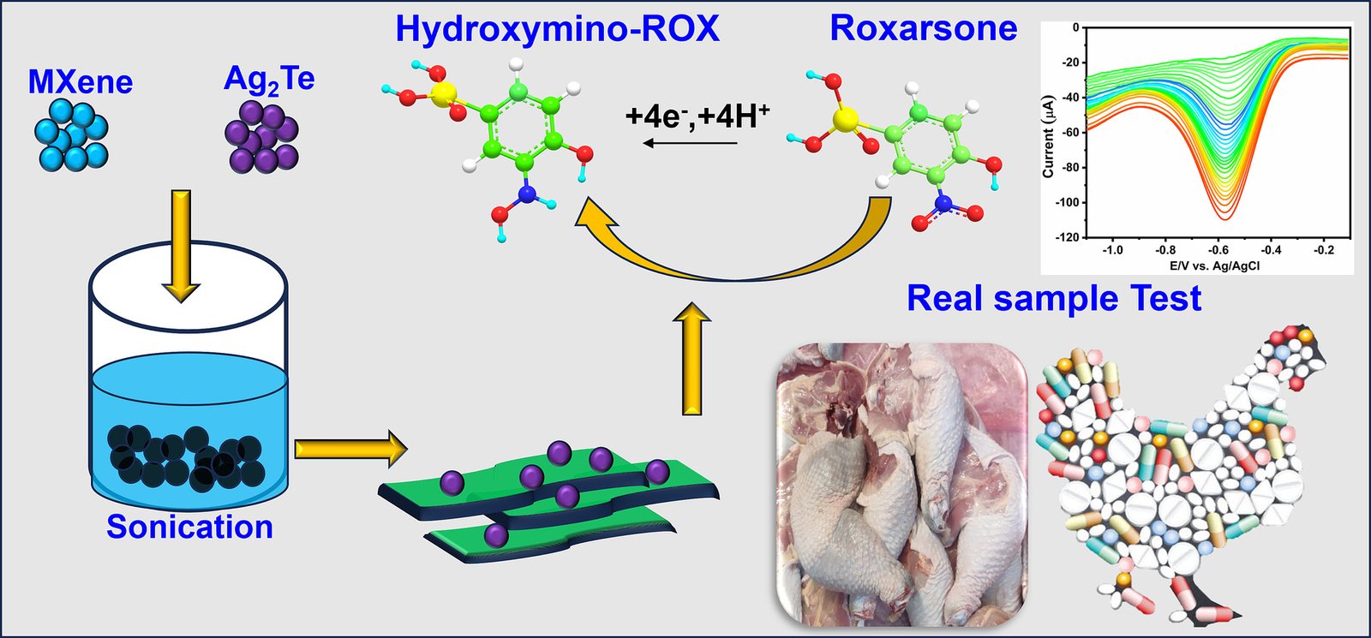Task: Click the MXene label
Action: [x=81, y=82]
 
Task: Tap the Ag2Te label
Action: [x=269, y=80]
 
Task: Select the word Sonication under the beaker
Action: [x=189, y=527]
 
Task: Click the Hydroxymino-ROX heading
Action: [x=557, y=29]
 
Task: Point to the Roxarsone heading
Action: [x=923, y=29]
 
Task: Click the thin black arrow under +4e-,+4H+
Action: [x=690, y=143]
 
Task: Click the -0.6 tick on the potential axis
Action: [x=1218, y=250]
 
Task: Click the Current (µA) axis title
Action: [x=1048, y=137]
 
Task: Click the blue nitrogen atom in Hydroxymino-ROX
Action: [x=525, y=195]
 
